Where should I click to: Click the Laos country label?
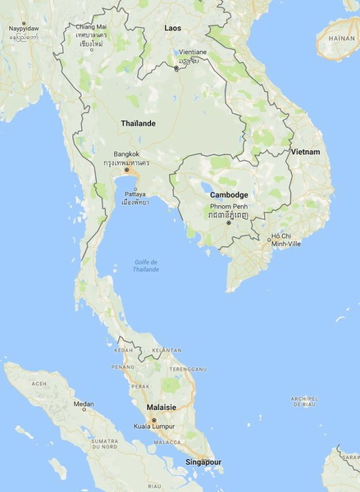tap(172, 28)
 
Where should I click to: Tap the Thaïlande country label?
tap(138, 124)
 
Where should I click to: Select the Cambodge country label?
tap(229, 194)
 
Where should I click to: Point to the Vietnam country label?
tap(304, 153)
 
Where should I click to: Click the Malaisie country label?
tap(162, 406)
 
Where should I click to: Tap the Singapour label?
tap(203, 462)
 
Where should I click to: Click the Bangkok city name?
tap(127, 153)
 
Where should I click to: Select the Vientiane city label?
tap(194, 52)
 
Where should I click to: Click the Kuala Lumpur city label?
tap(156, 427)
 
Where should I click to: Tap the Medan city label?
tap(84, 403)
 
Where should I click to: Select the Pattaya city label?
tap(135, 194)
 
